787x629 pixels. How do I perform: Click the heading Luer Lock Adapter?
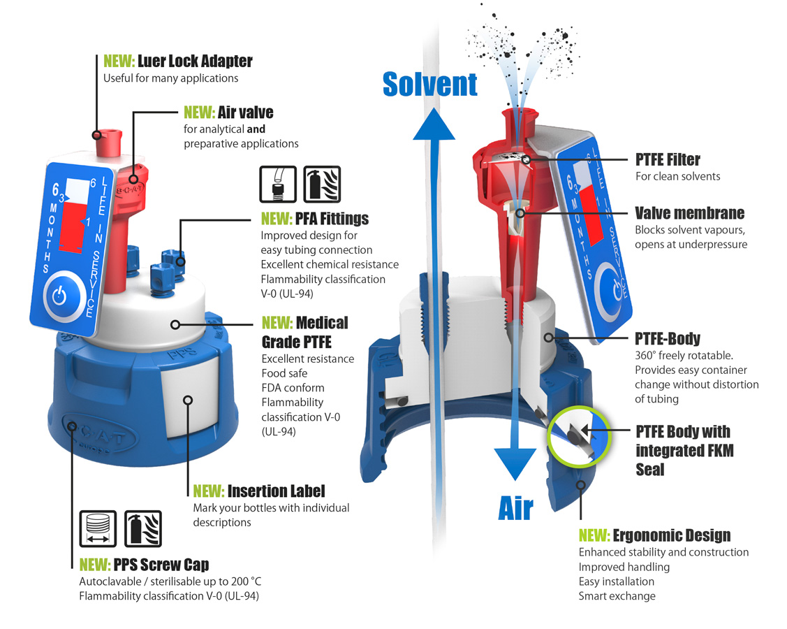point(195,62)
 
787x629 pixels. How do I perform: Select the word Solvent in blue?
point(430,85)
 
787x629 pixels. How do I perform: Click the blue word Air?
point(516,509)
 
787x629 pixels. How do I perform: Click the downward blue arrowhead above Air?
point(515,462)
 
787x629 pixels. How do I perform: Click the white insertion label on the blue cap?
point(187,399)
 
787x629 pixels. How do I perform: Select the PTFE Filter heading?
point(667,160)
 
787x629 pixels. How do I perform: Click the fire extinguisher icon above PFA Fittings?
point(322,184)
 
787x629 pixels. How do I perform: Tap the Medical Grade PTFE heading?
point(304,332)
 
